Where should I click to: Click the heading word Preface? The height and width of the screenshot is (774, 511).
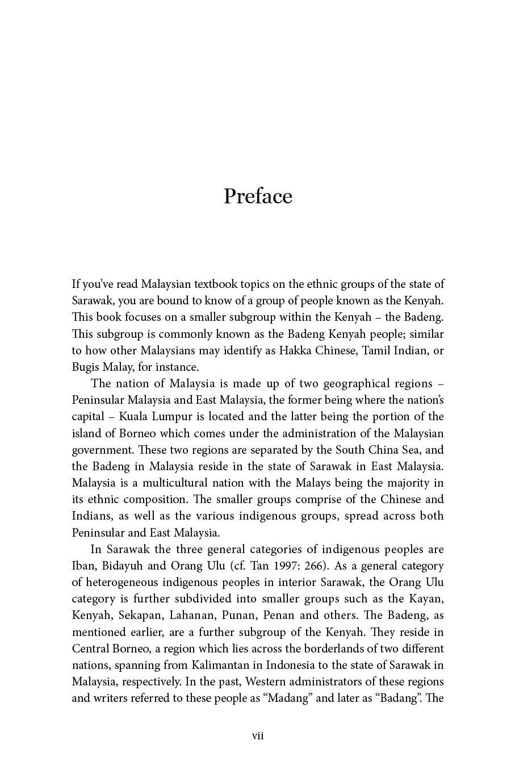258,196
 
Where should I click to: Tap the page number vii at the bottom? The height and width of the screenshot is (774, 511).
258,736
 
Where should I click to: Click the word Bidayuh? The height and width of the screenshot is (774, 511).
123,566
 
